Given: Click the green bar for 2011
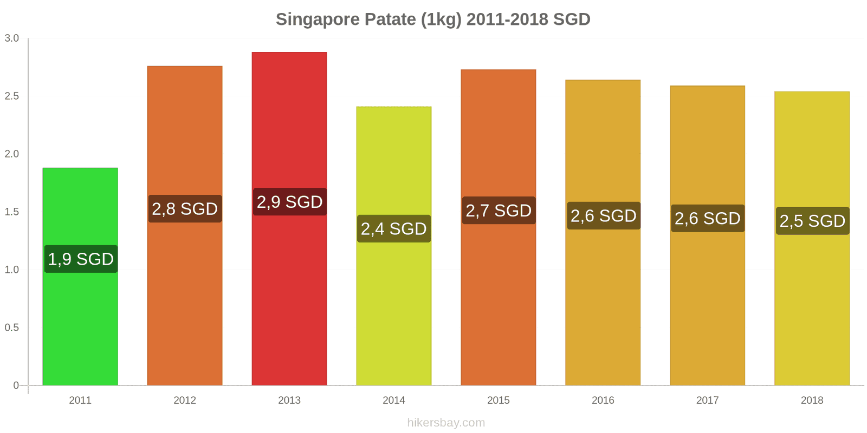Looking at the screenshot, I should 80,325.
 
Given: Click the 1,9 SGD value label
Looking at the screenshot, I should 81,259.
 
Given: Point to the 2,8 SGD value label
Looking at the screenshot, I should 185,209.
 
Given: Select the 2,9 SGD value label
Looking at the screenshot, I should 289,202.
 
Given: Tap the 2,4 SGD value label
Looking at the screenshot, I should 394,229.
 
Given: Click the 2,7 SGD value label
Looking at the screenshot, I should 499,211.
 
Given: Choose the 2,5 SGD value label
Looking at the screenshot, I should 812,221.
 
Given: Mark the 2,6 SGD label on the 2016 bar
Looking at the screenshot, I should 603,216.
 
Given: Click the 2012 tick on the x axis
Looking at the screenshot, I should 185,400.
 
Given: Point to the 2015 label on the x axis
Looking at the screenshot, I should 499,400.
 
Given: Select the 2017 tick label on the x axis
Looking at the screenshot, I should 707,400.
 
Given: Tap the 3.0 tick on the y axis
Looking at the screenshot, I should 12,38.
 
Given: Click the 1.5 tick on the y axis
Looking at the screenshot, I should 12,212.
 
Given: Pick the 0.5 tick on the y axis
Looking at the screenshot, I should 12,327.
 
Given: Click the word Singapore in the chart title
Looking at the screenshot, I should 318,19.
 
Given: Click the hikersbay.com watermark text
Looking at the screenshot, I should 446,423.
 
